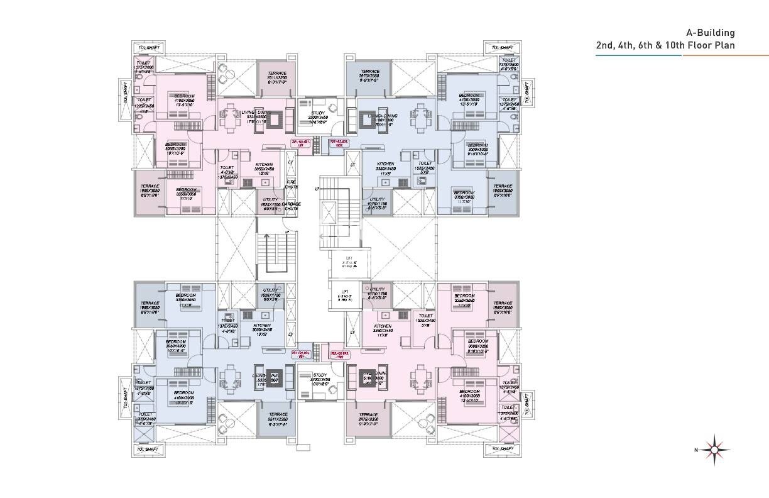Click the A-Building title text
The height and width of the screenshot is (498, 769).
710,33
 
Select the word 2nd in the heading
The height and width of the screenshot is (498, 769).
606,45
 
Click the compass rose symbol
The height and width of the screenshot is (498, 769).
715,449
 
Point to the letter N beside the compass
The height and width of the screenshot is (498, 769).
696,450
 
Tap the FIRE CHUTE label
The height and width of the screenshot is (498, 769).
291,184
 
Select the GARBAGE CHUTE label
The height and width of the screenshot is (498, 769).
291,207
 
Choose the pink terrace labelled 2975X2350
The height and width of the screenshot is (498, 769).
368,418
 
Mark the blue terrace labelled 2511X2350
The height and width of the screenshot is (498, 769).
277,418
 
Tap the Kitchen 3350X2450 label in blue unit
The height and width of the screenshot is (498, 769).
386,167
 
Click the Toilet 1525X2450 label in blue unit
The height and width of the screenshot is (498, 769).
425,167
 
